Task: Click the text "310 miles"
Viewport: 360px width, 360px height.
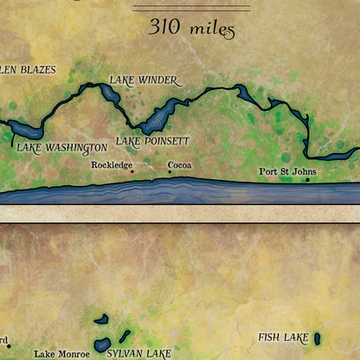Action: [192, 28]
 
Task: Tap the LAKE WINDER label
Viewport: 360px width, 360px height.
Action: [143, 80]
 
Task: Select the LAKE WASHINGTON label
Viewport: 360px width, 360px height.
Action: [62, 147]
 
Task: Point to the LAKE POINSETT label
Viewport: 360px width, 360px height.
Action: [152, 140]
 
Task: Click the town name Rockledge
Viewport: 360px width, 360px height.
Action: [111, 164]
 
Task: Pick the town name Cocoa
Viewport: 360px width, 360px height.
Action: [180, 164]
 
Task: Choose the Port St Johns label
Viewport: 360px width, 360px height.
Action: [288, 171]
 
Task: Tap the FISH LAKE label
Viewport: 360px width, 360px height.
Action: [283, 337]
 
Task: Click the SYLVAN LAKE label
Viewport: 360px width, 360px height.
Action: [138, 353]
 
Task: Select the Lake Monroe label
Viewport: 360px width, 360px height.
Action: [61, 353]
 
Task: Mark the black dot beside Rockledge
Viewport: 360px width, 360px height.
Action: [132, 171]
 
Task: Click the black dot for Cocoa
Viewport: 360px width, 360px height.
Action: [170, 171]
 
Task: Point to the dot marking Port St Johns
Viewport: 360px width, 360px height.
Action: [308, 180]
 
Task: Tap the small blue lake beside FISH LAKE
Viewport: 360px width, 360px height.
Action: [317, 338]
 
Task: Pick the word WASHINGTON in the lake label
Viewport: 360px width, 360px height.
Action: [76, 147]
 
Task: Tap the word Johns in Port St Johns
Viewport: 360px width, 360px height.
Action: [304, 171]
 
